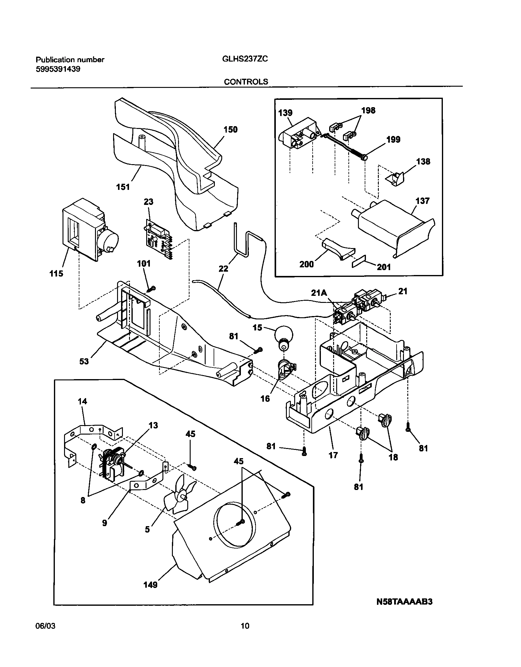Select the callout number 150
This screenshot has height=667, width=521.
click(230, 130)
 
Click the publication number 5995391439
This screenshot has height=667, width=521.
click(58, 69)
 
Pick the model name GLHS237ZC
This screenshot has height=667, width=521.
click(245, 59)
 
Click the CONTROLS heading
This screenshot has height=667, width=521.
click(246, 82)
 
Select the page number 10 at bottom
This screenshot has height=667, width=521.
click(245, 626)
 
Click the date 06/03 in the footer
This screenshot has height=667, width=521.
click(46, 626)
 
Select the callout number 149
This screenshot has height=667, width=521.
click(150, 585)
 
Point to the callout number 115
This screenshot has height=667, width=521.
click(56, 273)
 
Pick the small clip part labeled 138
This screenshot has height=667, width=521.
click(395, 179)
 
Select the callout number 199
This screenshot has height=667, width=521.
click(393, 140)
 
